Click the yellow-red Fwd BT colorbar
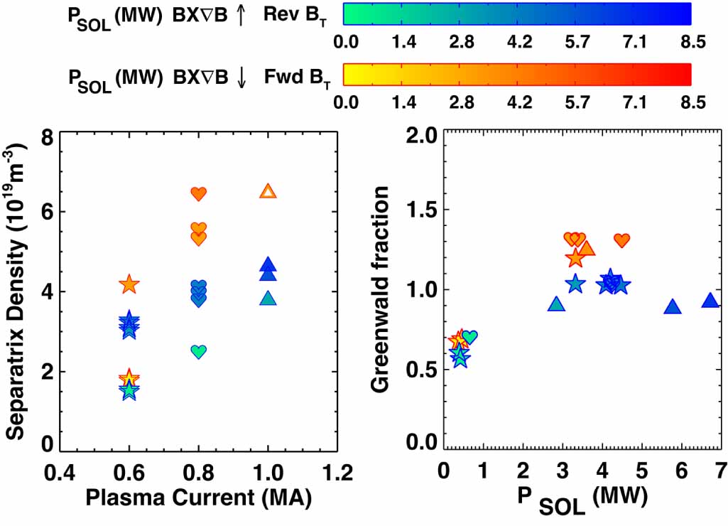pyautogui.click(x=517, y=74)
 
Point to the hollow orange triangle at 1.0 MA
pyautogui.click(x=268, y=191)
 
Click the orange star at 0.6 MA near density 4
pyautogui.click(x=129, y=285)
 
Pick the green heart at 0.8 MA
pyautogui.click(x=199, y=351)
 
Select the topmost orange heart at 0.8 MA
pyautogui.click(x=199, y=193)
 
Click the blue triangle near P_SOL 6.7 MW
pyautogui.click(x=710, y=301)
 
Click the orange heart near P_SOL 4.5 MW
pyautogui.click(x=622, y=240)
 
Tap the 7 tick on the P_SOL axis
pyautogui.click(x=719, y=473)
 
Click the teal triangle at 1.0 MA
pyautogui.click(x=268, y=299)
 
